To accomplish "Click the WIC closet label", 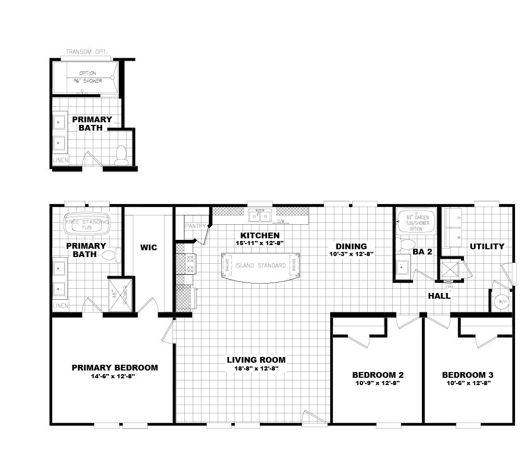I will coord(148,247).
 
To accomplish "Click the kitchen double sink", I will coord(259,215).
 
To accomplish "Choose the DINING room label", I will coord(351,246).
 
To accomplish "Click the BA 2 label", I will coord(422,251).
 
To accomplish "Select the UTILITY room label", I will coord(487,246).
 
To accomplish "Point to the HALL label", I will coord(439,296).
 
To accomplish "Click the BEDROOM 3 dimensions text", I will coord(468,383).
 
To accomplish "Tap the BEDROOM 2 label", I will coord(378,375).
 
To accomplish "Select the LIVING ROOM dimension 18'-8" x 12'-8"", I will coord(256,368).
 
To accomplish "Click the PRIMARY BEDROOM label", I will coord(115,367).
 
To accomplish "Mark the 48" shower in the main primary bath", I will coord(119,296).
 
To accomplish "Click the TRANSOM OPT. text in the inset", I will coord(86,53).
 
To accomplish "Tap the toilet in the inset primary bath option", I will coord(121,155).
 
